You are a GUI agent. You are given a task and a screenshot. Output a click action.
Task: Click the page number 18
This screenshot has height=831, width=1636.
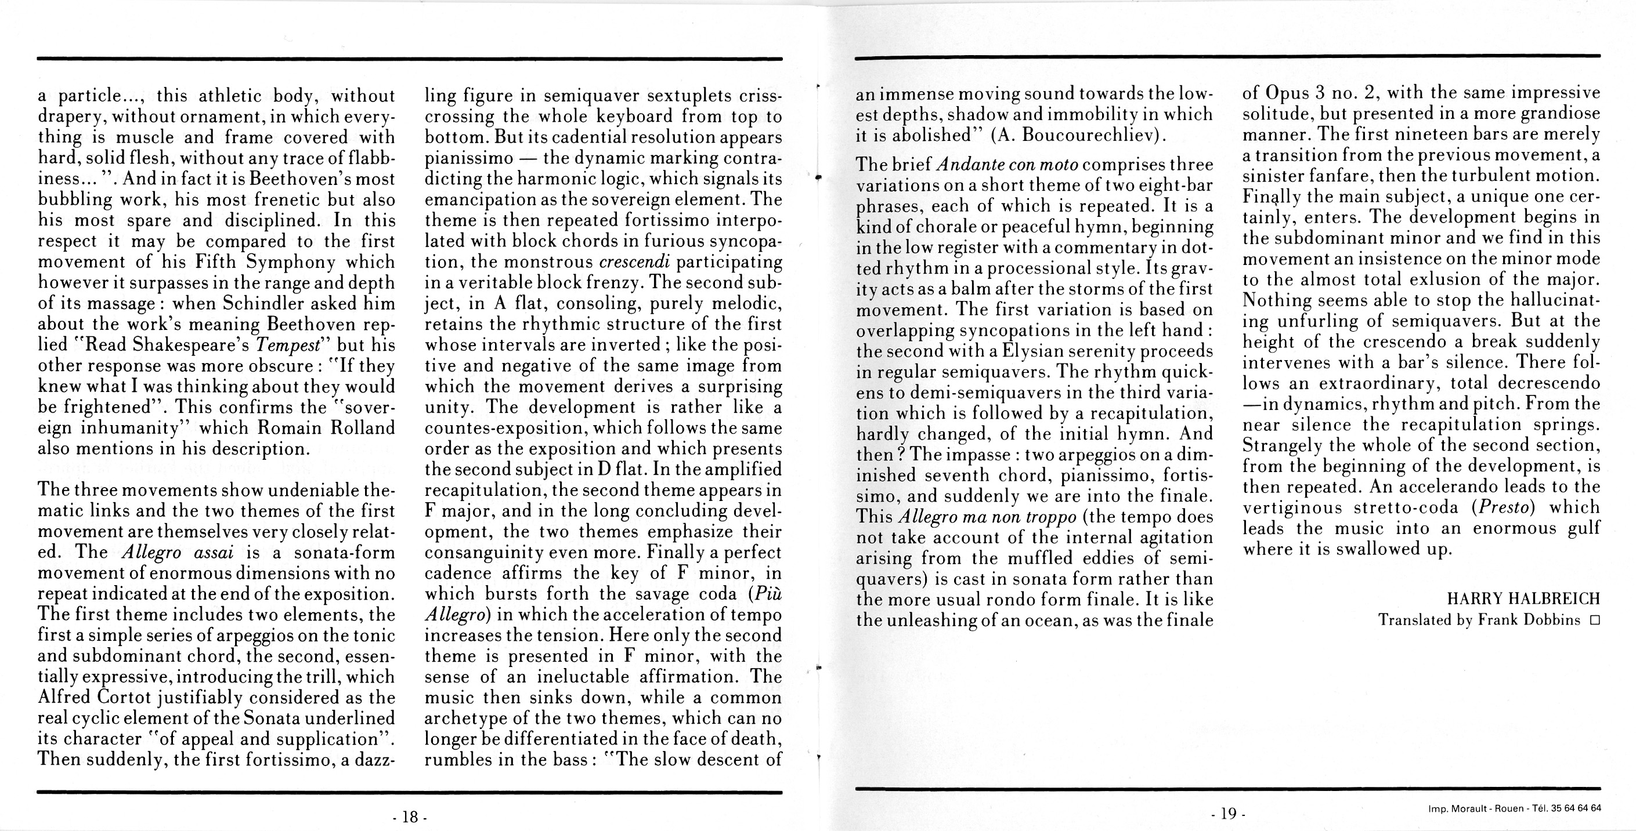point(410,817)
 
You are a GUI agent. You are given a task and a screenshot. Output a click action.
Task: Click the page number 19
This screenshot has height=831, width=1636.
point(1228,813)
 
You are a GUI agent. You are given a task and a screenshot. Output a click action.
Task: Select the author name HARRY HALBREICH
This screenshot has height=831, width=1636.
point(1523,598)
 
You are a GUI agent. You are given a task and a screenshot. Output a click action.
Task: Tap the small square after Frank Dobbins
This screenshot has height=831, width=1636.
point(1594,620)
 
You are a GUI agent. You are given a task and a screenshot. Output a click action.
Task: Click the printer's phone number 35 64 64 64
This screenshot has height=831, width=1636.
point(1576,808)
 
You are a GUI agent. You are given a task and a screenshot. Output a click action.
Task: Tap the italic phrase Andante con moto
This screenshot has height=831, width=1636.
point(1007,165)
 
